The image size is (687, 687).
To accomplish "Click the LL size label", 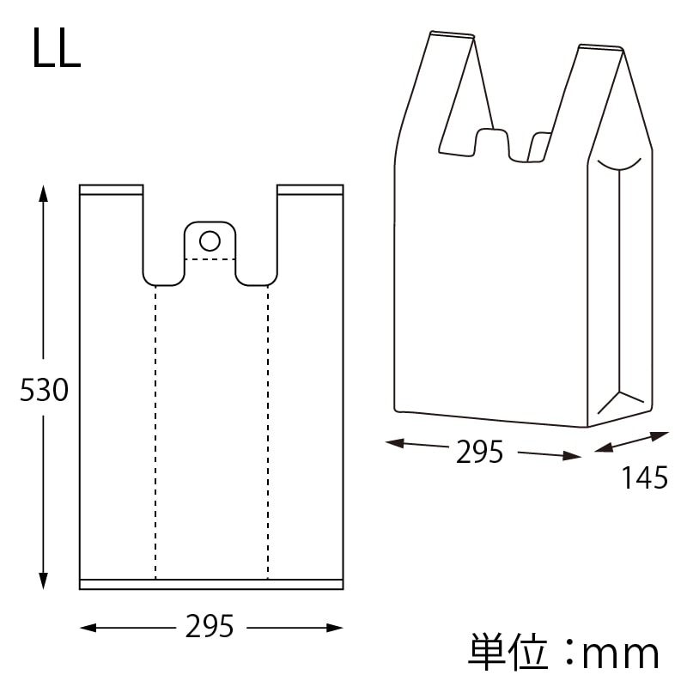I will [57, 49].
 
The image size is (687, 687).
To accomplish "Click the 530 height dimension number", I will [43, 392].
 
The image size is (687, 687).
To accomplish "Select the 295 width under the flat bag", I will [210, 628].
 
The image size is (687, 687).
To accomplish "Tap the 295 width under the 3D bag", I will [479, 452].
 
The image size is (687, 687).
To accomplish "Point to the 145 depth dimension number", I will [644, 477].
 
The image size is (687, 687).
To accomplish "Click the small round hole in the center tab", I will [210, 239].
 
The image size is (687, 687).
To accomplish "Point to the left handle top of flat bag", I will [111, 189].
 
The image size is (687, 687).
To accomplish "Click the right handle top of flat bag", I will [310, 189].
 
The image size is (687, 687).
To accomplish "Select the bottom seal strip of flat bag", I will [211, 584].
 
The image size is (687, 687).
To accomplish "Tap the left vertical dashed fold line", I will [155, 429].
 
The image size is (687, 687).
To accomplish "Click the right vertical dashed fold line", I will [268, 429].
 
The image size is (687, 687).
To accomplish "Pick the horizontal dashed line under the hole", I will [210, 258].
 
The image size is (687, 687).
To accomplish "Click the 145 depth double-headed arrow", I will [632, 443].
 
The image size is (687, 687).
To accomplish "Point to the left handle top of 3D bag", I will [452, 36].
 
